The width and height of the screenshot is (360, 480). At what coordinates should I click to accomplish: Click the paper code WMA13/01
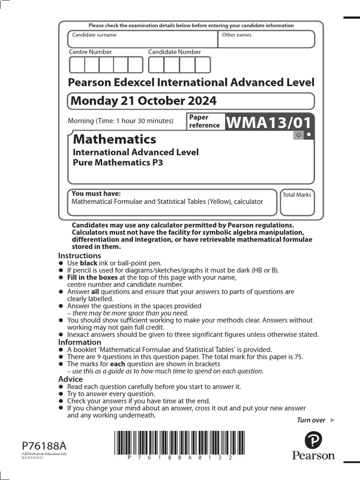pos(269,123)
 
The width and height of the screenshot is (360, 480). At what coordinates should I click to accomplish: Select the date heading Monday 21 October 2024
pos(143,101)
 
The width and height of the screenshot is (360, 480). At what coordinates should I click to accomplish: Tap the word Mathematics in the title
pos(114,139)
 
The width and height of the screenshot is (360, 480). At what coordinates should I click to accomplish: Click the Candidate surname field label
pos(94,35)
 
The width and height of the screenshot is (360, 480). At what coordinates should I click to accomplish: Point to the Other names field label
pos(236,35)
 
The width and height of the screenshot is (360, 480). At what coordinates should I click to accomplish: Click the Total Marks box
pos(297,202)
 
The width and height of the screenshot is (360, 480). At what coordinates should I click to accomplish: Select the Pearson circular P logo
pos(313,441)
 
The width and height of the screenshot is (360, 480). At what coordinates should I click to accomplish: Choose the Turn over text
pos(311,420)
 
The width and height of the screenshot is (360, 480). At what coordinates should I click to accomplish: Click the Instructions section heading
pos(79,255)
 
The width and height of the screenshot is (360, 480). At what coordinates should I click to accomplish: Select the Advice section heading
pos(70,379)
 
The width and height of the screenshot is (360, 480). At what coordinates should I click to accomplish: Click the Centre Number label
pos(90,52)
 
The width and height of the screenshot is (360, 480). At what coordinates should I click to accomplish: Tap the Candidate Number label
pos(174,52)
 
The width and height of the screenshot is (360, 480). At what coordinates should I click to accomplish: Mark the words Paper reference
pos(204,121)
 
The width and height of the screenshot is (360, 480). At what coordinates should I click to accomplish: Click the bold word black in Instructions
pos(89,263)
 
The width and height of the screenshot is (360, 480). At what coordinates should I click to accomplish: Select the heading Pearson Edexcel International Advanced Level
pos(191,82)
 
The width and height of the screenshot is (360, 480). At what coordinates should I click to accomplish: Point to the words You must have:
pos(96,194)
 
